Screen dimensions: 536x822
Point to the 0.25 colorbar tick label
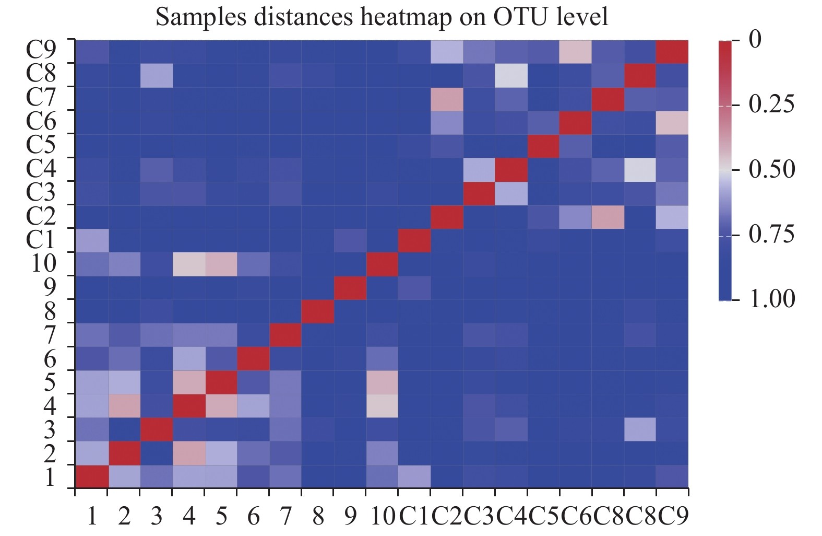tap(771, 104)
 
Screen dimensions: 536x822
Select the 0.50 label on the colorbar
tap(771, 169)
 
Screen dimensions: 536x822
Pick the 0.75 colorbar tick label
tap(771, 234)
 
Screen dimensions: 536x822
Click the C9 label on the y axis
tap(42, 51)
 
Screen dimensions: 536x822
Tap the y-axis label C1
tap(42, 239)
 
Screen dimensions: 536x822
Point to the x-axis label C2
tap(447, 516)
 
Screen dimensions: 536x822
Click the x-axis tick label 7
tap(285, 516)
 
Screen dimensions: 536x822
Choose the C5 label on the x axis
tap(544, 516)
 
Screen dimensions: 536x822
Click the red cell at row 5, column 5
tap(221, 382)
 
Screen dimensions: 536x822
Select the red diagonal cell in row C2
tap(447, 217)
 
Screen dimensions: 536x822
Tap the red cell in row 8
tap(318, 311)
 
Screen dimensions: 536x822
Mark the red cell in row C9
tap(672, 52)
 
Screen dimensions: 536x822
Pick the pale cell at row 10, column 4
tap(188, 264)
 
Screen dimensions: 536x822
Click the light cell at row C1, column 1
tap(92, 240)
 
